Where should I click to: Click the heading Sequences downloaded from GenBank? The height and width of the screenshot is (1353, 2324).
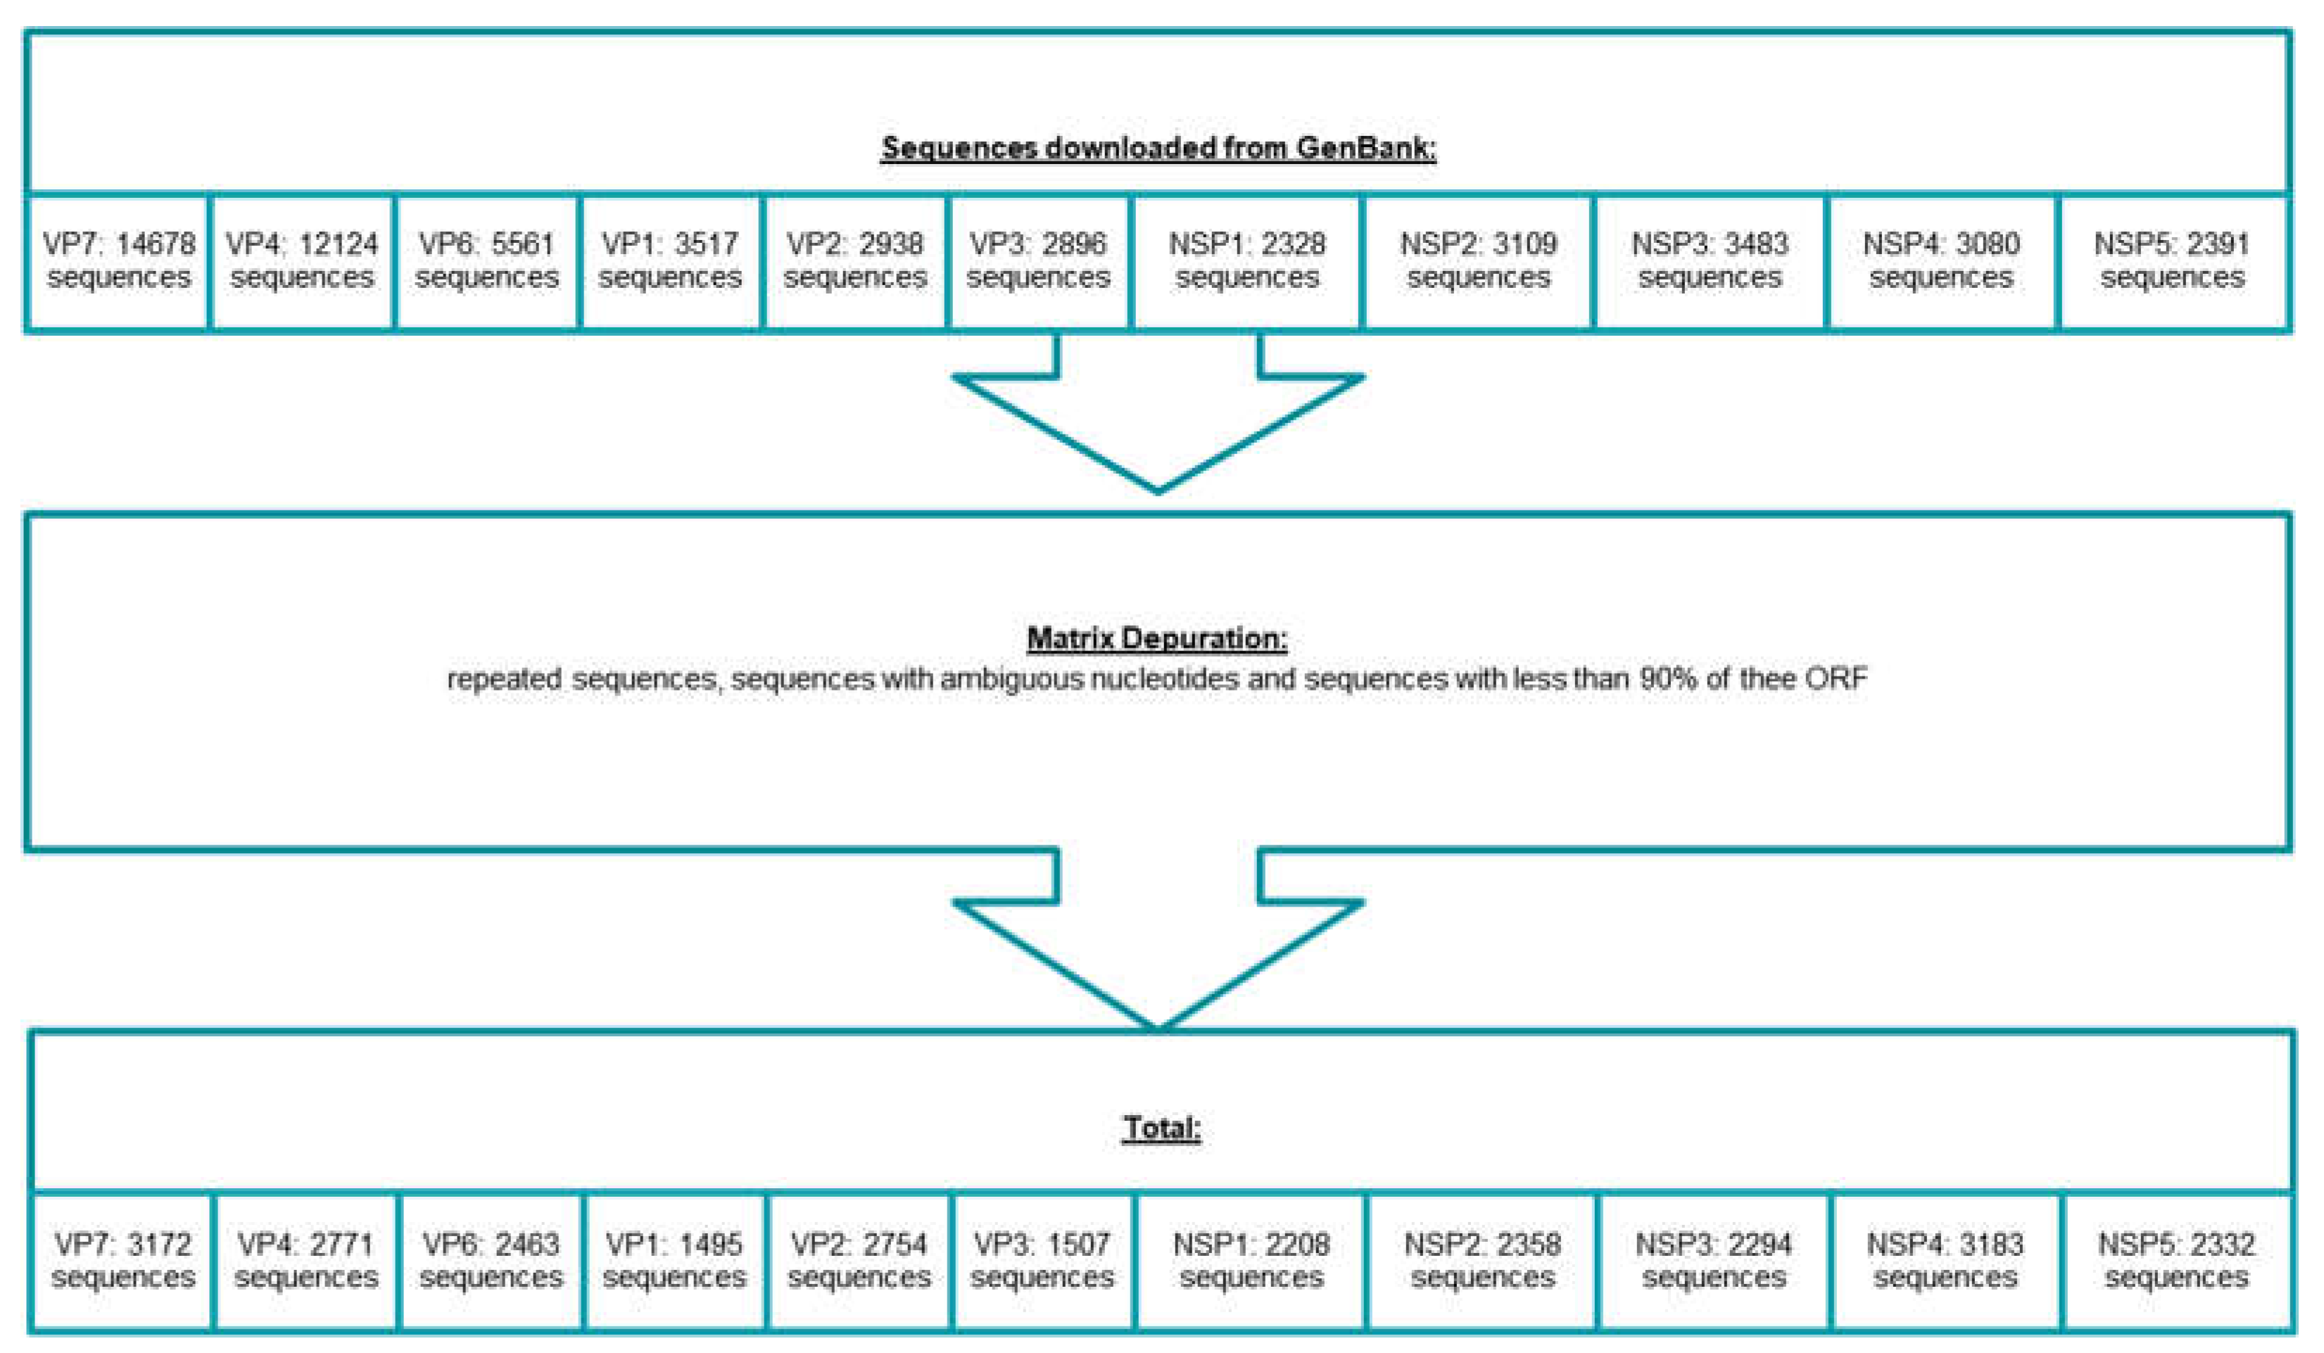(1158, 148)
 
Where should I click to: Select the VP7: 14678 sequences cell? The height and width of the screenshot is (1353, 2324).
(119, 261)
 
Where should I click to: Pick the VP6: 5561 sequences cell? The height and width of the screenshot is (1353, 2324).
(487, 261)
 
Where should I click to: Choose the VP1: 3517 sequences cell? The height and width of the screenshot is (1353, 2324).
(671, 261)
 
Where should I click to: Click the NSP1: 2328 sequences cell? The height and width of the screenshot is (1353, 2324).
(1247, 261)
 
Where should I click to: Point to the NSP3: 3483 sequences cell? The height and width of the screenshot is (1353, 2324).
(1710, 261)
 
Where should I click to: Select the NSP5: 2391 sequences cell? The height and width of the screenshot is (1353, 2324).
(2173, 261)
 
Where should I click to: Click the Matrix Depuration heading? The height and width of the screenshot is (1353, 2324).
(1157, 638)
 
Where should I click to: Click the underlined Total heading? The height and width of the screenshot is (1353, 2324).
(1161, 1128)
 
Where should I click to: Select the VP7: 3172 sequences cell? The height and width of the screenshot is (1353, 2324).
(122, 1261)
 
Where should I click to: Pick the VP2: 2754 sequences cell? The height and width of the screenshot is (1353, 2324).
(859, 1261)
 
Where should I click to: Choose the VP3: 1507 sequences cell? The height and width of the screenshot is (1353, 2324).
(1042, 1261)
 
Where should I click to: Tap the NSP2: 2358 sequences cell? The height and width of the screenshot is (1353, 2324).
(1482, 1261)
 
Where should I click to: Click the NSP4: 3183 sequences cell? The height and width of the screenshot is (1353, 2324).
(1945, 1261)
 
